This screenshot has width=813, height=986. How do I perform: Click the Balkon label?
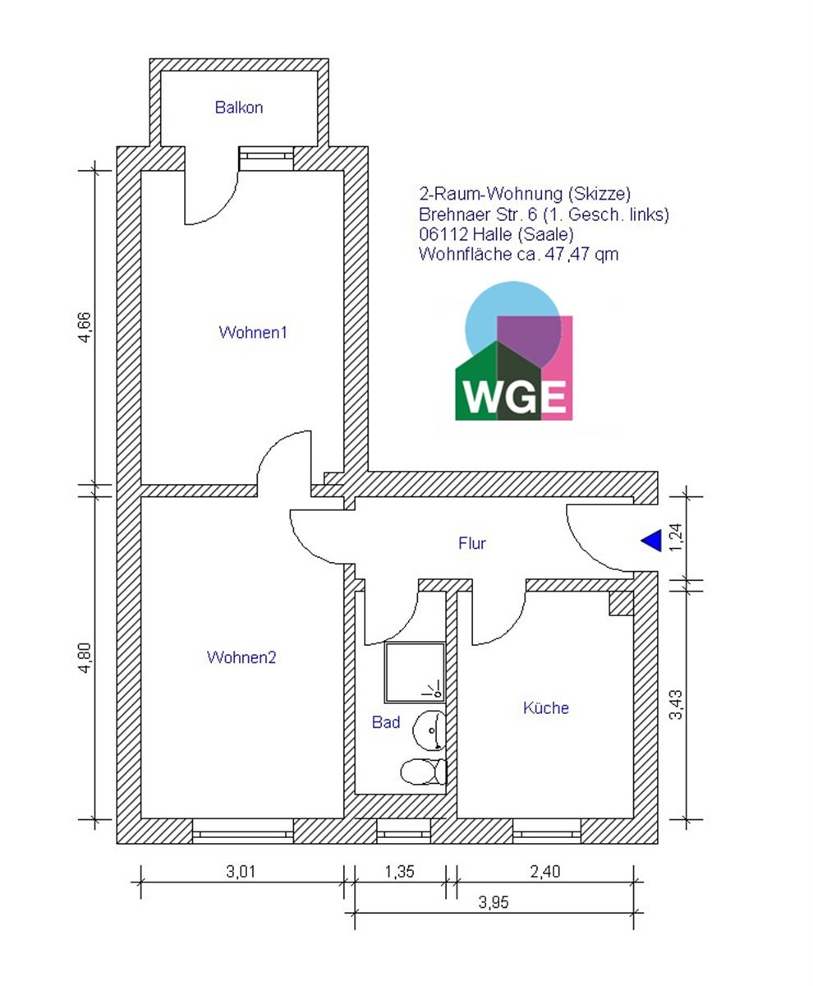239,108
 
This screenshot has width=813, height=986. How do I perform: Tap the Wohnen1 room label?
253,333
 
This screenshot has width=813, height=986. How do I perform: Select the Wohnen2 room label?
241,657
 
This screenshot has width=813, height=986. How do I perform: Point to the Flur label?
472,543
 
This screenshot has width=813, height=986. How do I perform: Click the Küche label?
546,707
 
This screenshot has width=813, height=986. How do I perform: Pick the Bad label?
386,722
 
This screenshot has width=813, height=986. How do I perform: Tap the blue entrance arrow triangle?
651,540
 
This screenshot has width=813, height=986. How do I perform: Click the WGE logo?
514,351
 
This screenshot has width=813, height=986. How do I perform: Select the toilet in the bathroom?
424,772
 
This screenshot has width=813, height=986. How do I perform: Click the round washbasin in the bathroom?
429,730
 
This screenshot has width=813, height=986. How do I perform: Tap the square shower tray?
415,672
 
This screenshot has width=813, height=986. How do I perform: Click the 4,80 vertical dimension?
85,658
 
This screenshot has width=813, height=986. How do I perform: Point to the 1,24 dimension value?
676,537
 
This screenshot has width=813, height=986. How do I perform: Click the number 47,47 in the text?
566,255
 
